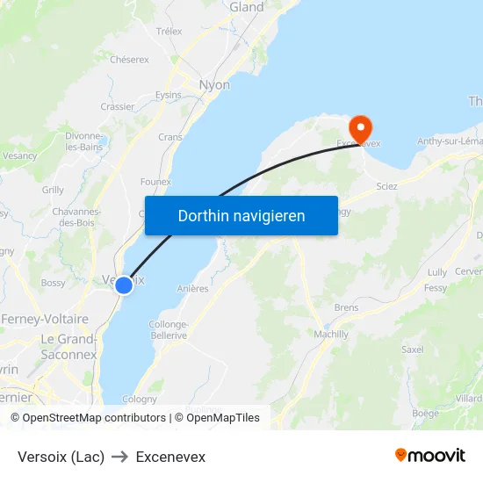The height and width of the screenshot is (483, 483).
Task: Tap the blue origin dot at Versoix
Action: coord(124,285)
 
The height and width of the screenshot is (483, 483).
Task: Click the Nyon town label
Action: coord(215,85)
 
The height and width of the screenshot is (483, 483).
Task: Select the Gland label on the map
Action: coord(246,7)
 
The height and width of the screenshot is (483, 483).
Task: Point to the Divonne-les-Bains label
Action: coord(84,141)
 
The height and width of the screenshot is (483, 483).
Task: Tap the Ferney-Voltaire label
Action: coord(45,319)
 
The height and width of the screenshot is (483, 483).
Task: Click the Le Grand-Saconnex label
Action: coord(68,347)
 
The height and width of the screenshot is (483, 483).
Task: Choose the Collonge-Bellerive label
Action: coord(169,329)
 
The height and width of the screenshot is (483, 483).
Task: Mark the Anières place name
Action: coord(192,288)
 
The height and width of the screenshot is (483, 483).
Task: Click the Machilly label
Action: coord(331,335)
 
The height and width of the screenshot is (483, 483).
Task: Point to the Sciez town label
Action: coord(386,186)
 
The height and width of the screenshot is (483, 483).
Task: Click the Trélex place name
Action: coord(169,32)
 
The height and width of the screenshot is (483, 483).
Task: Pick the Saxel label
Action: coord(413,349)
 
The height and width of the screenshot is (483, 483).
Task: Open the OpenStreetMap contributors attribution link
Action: coord(94,418)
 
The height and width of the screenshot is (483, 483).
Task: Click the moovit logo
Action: coord(430,455)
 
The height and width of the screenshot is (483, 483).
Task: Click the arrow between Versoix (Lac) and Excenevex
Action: coord(120,457)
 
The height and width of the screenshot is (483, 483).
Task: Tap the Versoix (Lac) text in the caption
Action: coord(61,457)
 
